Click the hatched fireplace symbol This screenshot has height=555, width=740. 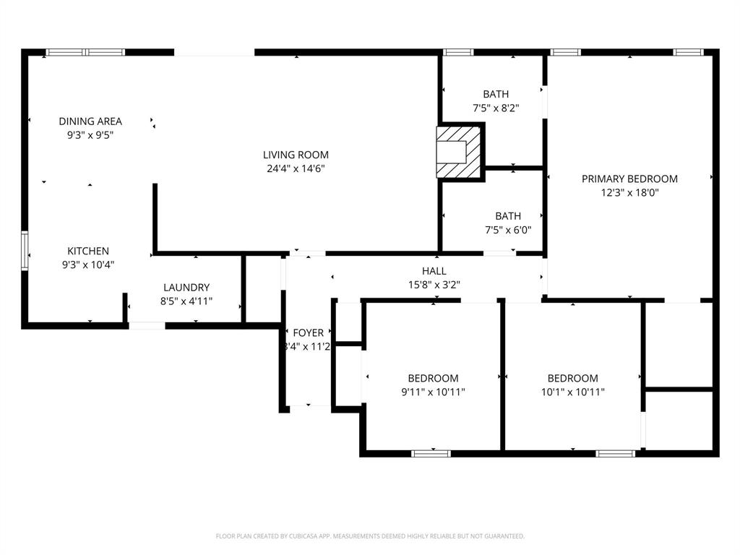tap(459, 152)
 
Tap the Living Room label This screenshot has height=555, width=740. tap(296, 155)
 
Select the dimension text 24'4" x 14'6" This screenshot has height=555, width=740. tap(296, 169)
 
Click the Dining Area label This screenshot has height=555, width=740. tap(90, 121)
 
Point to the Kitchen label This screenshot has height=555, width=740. tap(88, 251)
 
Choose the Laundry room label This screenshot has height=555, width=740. tap(186, 288)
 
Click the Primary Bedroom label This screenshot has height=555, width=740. tap(629, 179)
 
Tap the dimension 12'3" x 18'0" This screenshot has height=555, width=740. tap(629, 193)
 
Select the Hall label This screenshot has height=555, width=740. tap(434, 271)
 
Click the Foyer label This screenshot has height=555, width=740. tap(309, 332)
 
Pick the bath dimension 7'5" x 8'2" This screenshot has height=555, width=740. tap(496, 108)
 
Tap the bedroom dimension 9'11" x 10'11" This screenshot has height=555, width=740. tap(433, 392)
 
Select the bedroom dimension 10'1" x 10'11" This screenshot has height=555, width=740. tap(572, 392)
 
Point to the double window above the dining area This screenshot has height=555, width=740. tap(85, 52)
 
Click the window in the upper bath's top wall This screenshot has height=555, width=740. tap(457, 52)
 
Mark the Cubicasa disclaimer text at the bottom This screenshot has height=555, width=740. tap(370, 536)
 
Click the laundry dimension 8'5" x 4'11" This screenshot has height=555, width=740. tap(186, 301)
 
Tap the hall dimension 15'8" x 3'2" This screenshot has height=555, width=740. tap(434, 285)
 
